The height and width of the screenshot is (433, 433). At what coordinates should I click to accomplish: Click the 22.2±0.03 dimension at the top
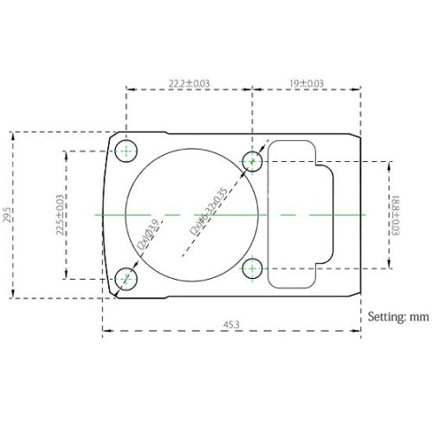(190, 84)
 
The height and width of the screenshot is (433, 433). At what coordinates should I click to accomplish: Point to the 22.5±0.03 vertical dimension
(59, 213)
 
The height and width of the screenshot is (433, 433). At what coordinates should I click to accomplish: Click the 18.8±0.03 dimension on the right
(396, 213)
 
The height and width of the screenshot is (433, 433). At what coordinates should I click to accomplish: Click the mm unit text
(419, 317)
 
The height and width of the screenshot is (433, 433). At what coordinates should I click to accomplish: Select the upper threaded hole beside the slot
(253, 159)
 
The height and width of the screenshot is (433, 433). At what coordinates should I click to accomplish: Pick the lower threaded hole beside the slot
(253, 267)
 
